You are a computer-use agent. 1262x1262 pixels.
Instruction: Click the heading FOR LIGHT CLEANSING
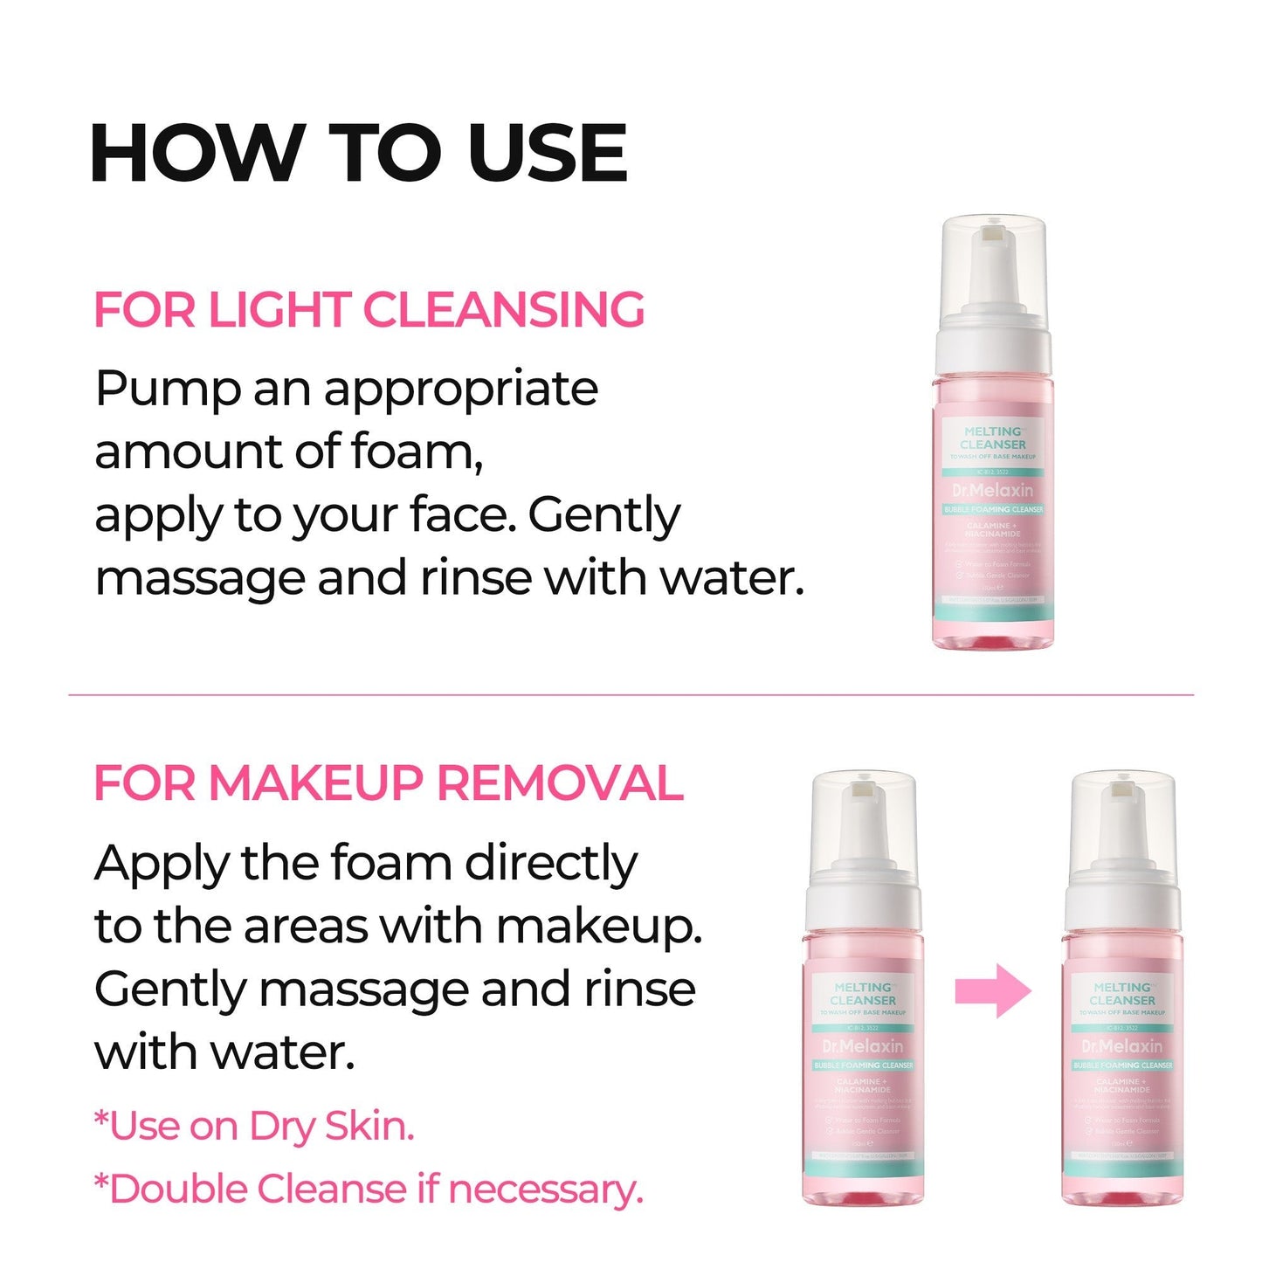click(x=369, y=310)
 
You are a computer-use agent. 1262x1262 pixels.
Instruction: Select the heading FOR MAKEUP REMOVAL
click(x=388, y=783)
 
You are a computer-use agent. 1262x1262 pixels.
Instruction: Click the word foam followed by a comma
click(x=416, y=452)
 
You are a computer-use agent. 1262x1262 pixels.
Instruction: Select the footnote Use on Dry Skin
click(x=254, y=1127)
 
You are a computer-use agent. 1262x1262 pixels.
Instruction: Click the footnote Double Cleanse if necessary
click(x=368, y=1190)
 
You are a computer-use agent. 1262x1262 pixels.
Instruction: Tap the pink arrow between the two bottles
click(x=993, y=991)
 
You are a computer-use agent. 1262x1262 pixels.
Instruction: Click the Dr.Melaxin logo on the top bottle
click(x=992, y=490)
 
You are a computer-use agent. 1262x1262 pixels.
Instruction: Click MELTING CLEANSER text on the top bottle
click(x=993, y=438)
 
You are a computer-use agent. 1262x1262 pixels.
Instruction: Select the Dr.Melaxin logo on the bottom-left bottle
click(x=863, y=1046)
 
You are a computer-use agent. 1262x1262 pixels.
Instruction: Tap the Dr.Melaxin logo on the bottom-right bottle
click(x=1122, y=1046)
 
